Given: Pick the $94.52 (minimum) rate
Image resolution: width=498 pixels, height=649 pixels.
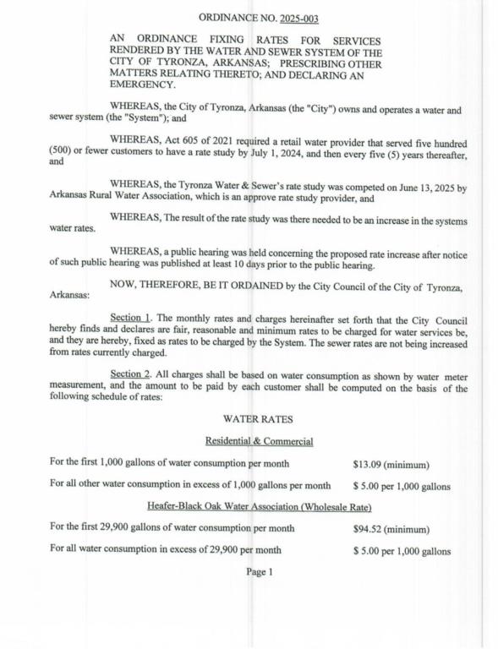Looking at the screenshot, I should (391, 529).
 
